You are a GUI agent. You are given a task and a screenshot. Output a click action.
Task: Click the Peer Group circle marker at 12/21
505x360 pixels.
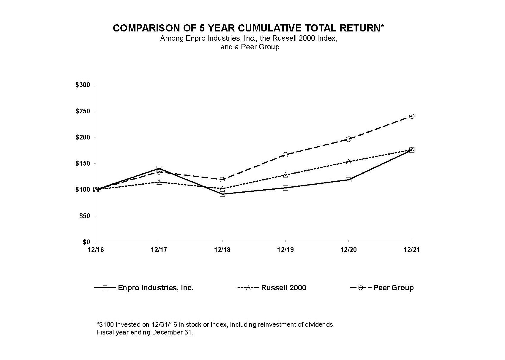click(x=412, y=116)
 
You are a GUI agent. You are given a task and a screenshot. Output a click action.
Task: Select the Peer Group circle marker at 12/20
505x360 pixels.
click(x=348, y=139)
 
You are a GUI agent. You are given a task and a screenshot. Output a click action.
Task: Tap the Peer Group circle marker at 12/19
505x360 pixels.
click(x=285, y=155)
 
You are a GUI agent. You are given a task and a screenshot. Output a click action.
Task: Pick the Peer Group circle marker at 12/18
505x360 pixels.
click(x=222, y=180)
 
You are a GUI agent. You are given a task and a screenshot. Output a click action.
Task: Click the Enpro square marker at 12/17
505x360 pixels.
click(x=159, y=168)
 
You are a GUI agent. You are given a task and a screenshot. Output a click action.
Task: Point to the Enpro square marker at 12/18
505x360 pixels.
click(x=222, y=194)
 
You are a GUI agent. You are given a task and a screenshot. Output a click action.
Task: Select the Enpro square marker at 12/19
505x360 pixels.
click(x=285, y=188)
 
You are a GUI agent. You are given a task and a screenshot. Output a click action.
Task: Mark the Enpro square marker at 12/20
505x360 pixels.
click(x=348, y=180)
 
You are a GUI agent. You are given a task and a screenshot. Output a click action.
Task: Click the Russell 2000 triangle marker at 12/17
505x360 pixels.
click(x=159, y=182)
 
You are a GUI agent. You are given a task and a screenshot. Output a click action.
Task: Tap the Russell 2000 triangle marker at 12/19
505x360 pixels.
click(x=285, y=175)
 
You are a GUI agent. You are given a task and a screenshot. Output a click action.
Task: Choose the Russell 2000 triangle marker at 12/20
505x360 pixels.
click(x=348, y=161)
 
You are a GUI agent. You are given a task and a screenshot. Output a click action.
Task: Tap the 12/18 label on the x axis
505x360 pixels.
click(x=222, y=250)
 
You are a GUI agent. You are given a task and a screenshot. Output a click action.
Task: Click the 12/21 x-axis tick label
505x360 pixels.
click(x=412, y=250)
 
